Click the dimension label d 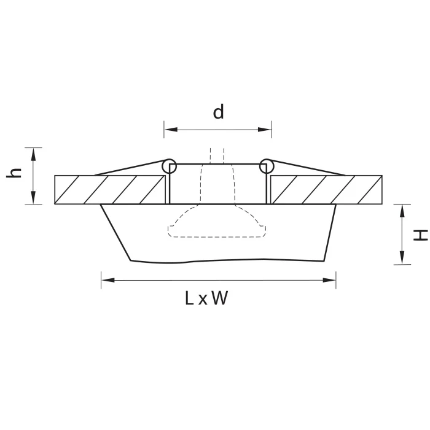[218, 112]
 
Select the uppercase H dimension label [420, 234]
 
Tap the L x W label [206, 299]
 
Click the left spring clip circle [169, 165]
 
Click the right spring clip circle [266, 165]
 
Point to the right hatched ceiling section [327, 189]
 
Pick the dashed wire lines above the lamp [217, 154]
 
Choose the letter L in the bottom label [190, 299]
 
